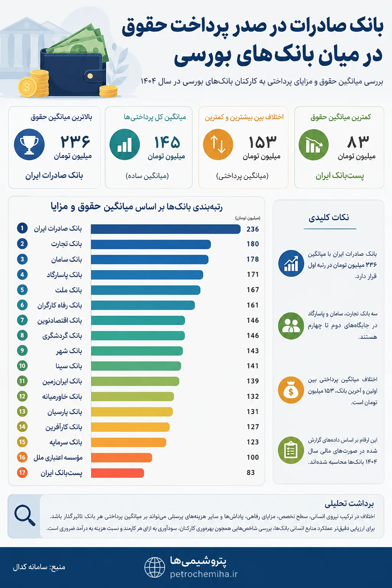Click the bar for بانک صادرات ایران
click(x=166, y=229)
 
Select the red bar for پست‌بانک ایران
click(x=118, y=473)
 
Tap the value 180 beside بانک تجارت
click(x=253, y=244)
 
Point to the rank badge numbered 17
click(x=22, y=473)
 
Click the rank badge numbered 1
click(x=22, y=228)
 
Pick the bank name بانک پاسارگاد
click(x=64, y=275)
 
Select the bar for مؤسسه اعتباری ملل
click(x=122, y=457)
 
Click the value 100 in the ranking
click(x=253, y=457)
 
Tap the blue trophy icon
click(x=29, y=144)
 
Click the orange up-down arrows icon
click(x=218, y=144)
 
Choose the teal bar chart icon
click(x=124, y=144)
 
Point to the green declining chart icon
click(x=314, y=144)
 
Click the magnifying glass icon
click(x=24, y=516)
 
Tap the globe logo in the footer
click(x=155, y=568)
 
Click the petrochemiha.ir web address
click(x=204, y=574)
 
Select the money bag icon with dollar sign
click(x=291, y=390)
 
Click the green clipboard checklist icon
click(x=291, y=450)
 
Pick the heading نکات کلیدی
click(x=329, y=217)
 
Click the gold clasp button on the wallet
click(x=90, y=76)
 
